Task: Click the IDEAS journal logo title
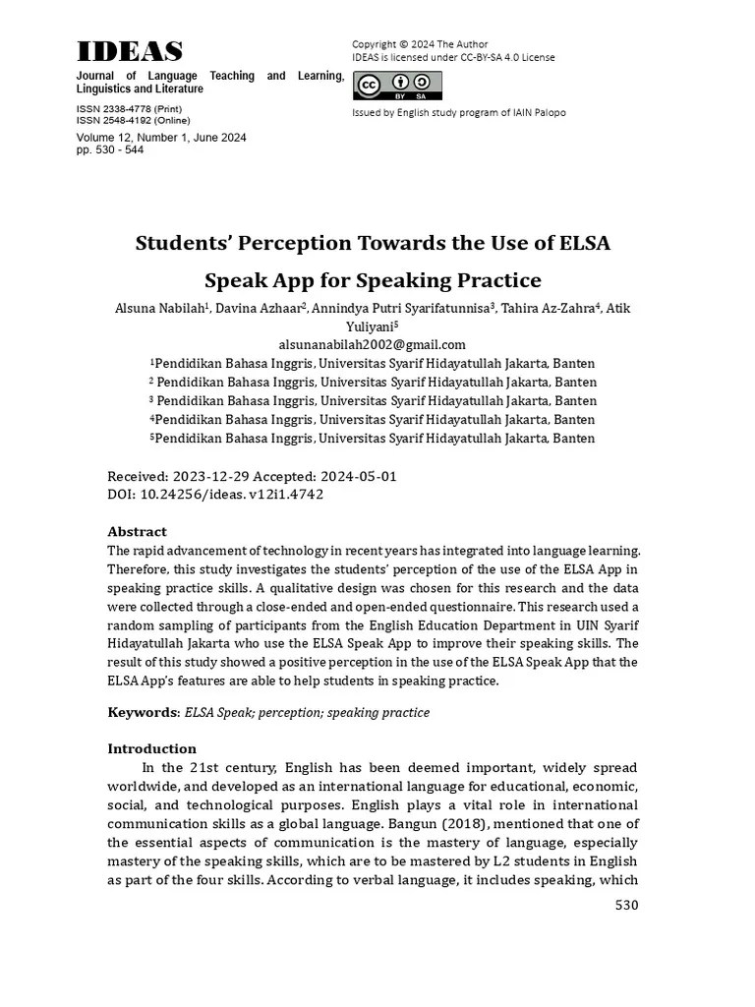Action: tap(130, 52)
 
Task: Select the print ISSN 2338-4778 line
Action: tap(129, 108)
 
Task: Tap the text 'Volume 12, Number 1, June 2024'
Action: tap(160, 138)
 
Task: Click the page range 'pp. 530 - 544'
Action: tap(110, 150)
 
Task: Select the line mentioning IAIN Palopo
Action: tap(458, 112)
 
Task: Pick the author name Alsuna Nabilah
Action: tap(160, 309)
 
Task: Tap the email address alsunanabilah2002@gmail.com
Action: tap(372, 344)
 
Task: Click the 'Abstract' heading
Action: tap(137, 531)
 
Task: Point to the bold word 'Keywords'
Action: tap(143, 712)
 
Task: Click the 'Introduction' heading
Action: tap(151, 748)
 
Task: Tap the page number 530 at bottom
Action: tap(626, 905)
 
